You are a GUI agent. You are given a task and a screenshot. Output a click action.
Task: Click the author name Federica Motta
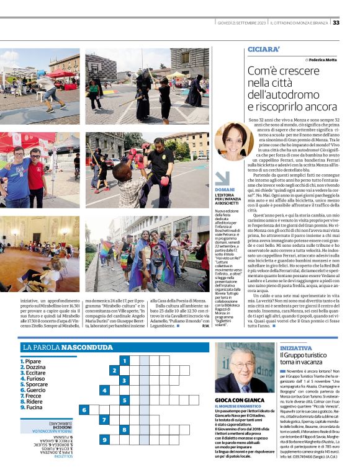pos(321,60)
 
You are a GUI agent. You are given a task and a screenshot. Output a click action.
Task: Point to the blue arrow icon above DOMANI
pos(222,179)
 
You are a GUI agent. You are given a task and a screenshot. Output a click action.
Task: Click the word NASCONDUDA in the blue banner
pos(84,347)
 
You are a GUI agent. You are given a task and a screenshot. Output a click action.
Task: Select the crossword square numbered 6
pos(84,410)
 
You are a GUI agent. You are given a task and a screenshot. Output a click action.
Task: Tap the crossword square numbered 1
pos(125,360)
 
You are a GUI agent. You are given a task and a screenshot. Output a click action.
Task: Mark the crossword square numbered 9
pos(104,440)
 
